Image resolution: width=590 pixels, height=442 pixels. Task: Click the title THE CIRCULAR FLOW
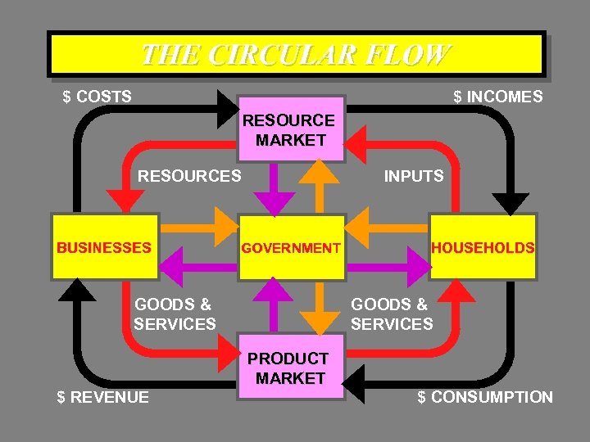pyautogui.click(x=295, y=54)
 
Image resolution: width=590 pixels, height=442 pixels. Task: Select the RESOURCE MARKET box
pyautogui.click(x=290, y=129)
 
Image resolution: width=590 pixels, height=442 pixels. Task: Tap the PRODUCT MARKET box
pyautogui.click(x=290, y=368)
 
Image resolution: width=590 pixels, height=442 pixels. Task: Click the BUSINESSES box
pyautogui.click(x=103, y=247)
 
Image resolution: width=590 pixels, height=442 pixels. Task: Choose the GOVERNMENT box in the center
pyautogui.click(x=290, y=247)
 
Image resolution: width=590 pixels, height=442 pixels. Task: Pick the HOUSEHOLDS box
pyautogui.click(x=483, y=247)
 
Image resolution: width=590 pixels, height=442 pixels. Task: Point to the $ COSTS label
pyautogui.click(x=98, y=97)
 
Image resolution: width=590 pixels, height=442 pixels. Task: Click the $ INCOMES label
pyautogui.click(x=498, y=97)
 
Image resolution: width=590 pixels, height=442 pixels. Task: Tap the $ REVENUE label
pyautogui.click(x=103, y=397)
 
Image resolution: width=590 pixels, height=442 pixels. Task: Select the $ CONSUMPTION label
pyautogui.click(x=485, y=397)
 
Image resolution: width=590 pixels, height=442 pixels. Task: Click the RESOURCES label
pyautogui.click(x=189, y=175)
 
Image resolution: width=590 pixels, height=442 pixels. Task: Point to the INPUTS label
pyautogui.click(x=414, y=175)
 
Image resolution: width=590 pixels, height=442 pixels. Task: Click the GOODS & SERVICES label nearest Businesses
pyautogui.click(x=175, y=314)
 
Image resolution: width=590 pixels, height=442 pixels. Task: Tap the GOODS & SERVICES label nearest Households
pyautogui.click(x=392, y=314)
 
